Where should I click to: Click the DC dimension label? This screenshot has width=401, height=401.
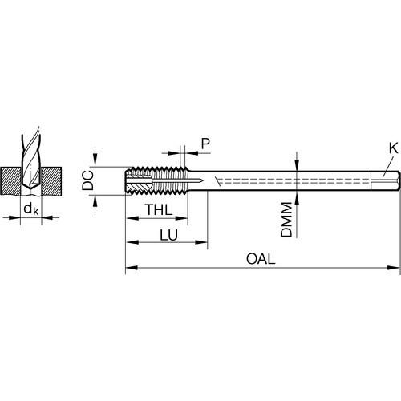pos(87,180)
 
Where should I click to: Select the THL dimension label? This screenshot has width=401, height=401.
pos(159,209)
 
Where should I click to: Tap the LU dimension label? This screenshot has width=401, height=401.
pos(168,235)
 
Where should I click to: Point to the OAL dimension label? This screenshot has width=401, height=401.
pos(261,259)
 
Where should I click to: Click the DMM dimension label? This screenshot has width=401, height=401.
pos(286,220)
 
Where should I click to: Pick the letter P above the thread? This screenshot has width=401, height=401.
pos(205,144)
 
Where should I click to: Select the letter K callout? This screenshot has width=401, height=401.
pos(393,148)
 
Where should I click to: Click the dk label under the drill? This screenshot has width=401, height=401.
pos(31,209)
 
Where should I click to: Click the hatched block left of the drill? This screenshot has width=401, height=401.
pos(10,180)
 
